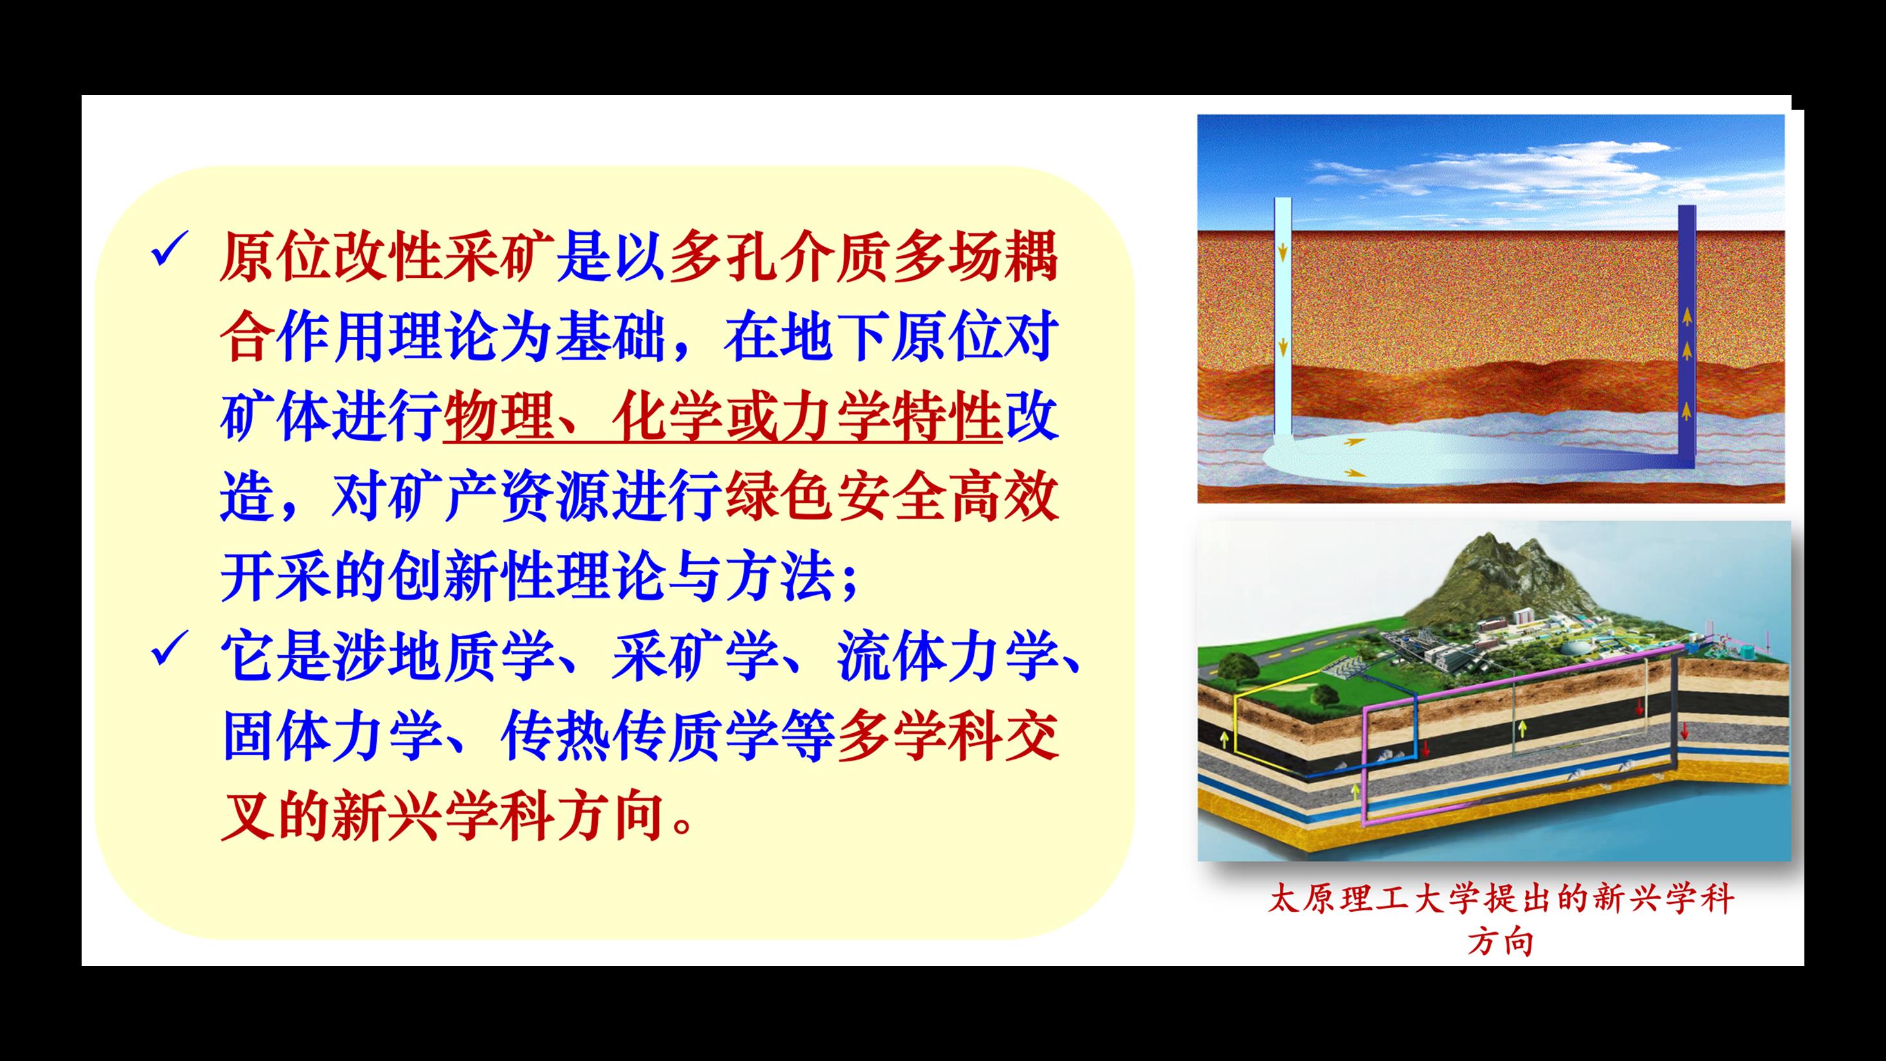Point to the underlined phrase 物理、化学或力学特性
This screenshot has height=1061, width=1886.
(722, 417)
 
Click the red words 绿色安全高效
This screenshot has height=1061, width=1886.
(892, 497)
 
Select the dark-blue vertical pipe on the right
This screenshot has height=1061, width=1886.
(1687, 329)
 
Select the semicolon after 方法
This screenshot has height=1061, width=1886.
(849, 582)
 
